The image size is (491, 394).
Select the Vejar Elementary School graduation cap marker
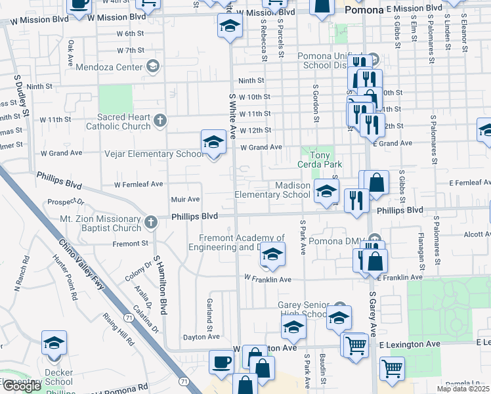pos(213,142)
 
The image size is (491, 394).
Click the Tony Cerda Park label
pos(320,160)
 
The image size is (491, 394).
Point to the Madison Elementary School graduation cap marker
pos(326,191)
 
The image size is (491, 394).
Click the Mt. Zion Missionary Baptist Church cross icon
pos(150,222)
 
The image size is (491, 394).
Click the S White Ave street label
pos(232,116)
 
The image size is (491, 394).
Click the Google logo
pos(22,386)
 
